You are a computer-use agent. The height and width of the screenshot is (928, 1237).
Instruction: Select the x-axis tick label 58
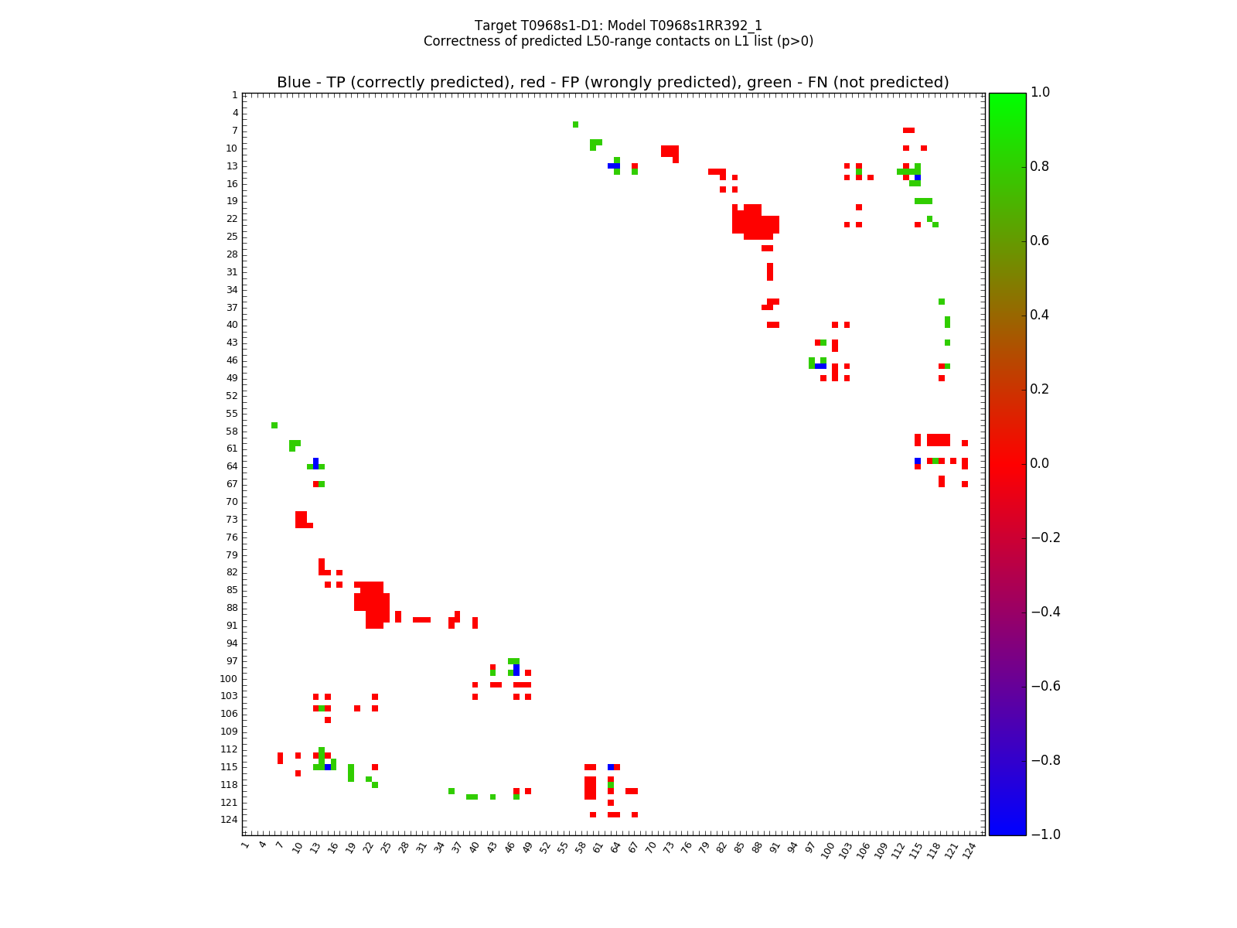[581, 848]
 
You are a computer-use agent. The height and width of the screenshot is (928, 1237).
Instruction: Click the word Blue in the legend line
[294, 83]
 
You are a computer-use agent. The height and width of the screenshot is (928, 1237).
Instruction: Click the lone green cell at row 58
[274, 425]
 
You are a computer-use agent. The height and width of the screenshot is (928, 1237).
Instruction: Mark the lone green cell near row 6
[575, 125]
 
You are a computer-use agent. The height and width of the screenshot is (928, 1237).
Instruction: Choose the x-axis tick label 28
[404, 848]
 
